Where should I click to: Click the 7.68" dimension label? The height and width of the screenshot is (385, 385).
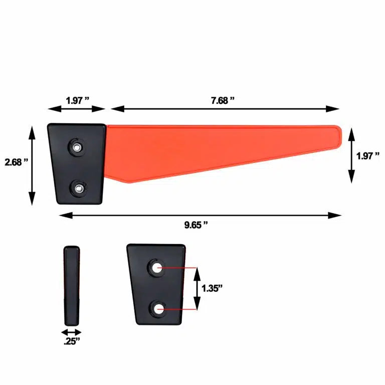click(223, 100)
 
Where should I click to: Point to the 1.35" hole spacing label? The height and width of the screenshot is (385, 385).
click(213, 288)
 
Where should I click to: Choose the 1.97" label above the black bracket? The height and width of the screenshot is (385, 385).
click(77, 100)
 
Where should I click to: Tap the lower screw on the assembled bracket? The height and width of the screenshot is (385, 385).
click(79, 188)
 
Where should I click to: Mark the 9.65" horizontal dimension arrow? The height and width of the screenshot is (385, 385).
click(201, 215)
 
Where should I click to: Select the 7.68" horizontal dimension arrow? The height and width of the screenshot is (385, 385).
click(225, 108)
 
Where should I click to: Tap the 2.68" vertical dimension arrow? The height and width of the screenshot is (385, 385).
click(33, 165)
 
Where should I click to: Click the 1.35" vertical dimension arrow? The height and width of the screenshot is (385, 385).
click(197, 289)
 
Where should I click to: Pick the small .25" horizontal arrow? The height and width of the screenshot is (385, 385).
click(72, 332)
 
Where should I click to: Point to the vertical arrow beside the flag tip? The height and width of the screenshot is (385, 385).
click(351, 155)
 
